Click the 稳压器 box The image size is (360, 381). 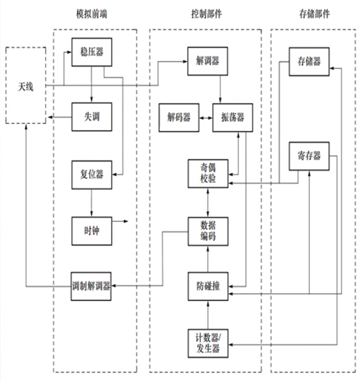click(91, 52)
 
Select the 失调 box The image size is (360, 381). click(91, 117)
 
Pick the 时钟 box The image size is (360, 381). click(91, 230)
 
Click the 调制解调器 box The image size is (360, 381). click(91, 286)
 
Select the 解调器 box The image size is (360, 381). click(208, 61)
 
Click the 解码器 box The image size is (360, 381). click(179, 118)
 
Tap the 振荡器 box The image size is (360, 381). click(232, 118)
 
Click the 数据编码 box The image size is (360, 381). click(208, 231)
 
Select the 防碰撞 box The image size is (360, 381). click(208, 287)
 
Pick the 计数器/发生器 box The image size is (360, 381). click(208, 344)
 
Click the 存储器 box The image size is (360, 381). click(309, 61)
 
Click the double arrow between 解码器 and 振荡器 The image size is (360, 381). click(205, 118)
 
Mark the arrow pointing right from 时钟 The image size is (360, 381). click(120, 221)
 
